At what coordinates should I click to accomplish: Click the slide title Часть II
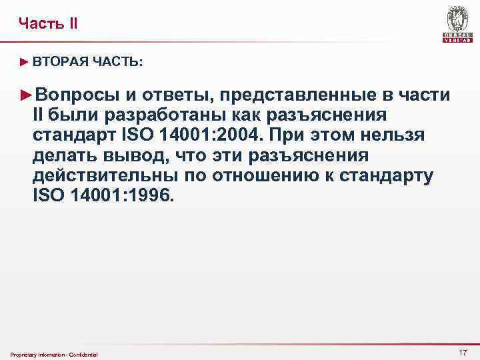tap(48, 24)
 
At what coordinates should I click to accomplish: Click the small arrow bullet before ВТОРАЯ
tap(25, 61)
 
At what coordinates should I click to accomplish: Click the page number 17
tap(462, 352)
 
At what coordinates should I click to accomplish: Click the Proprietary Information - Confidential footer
tap(54, 354)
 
